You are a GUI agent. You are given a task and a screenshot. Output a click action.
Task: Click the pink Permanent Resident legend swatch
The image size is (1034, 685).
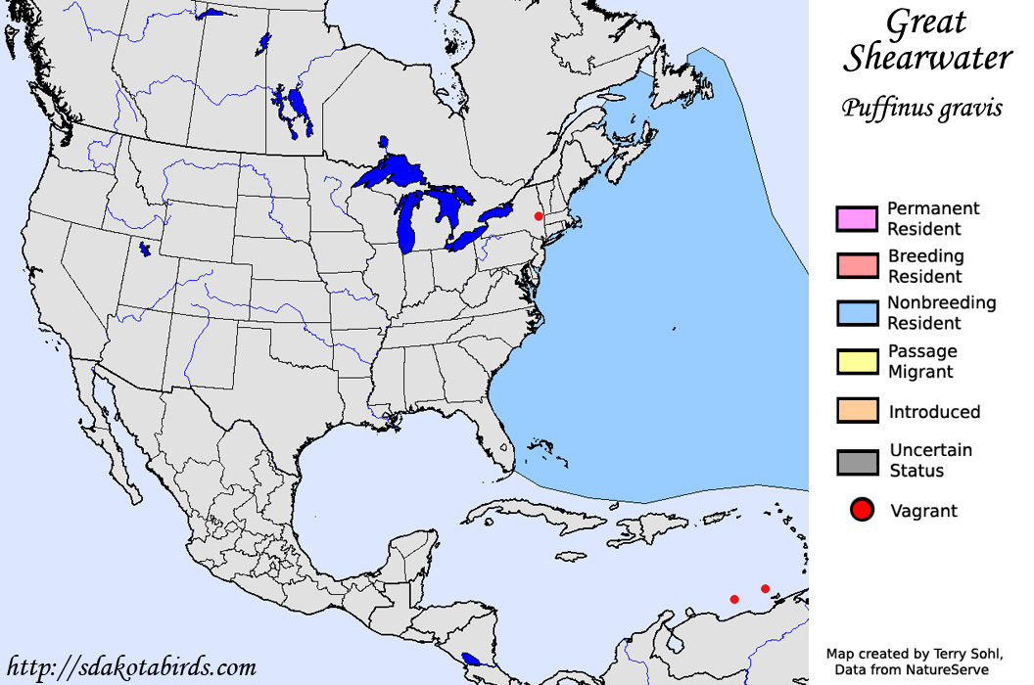point(857,218)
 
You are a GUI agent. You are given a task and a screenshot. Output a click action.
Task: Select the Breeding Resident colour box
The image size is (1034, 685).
point(857,265)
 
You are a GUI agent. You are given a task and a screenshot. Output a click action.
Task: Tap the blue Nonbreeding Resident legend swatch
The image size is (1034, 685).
point(857,312)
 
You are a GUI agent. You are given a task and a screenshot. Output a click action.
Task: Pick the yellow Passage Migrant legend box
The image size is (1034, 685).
point(857,360)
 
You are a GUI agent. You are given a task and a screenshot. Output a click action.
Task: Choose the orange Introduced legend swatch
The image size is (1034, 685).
point(857,410)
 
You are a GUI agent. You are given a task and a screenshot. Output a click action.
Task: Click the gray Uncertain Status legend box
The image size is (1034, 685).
point(857,461)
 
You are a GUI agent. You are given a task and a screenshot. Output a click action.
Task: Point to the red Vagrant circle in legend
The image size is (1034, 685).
point(862,510)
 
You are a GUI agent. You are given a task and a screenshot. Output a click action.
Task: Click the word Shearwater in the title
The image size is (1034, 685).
point(927,58)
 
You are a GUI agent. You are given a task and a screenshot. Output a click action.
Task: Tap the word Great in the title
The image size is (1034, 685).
point(926,22)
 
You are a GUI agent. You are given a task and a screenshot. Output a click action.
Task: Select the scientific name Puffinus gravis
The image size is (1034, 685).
point(921,108)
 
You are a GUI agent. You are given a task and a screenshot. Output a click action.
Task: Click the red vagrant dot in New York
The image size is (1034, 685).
point(539,215)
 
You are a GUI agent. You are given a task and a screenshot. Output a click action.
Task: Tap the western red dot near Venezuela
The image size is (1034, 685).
point(734,599)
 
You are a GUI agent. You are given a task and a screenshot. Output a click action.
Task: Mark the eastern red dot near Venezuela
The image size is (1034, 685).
point(766,588)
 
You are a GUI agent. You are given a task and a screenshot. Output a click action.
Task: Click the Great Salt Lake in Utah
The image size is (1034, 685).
point(145,250)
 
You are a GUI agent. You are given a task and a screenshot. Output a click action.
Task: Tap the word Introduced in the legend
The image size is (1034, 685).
point(934,412)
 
